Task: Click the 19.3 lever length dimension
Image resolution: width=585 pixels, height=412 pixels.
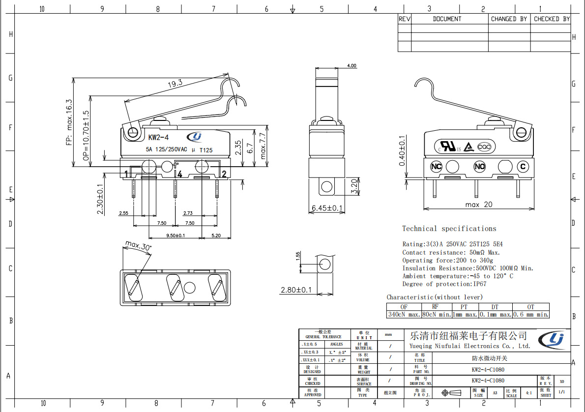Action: point(175,84)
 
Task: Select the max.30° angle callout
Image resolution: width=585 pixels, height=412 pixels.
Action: point(138,245)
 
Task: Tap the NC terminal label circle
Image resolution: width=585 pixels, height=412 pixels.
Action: point(436,167)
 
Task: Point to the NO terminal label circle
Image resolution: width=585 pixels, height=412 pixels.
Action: point(479,167)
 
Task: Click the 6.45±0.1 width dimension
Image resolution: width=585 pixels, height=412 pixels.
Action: point(327,208)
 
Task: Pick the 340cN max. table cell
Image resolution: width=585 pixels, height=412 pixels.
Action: point(404,314)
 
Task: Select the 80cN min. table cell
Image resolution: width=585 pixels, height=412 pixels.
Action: point(437,314)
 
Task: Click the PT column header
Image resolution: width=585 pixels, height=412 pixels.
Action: point(464,307)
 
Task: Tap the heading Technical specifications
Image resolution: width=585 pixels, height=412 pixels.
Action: point(449,229)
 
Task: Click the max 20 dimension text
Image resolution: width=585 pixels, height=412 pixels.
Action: point(479,205)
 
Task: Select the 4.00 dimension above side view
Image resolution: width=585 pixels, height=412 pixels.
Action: point(351,66)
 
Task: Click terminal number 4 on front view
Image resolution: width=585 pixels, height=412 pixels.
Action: point(180,174)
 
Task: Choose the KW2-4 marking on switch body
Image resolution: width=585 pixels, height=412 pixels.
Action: point(158,137)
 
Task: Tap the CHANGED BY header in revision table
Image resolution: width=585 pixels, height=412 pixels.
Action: point(509,19)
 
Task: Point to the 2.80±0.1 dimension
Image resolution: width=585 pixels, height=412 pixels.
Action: point(296,290)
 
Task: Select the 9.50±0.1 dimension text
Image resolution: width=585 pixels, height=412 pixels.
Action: point(175,235)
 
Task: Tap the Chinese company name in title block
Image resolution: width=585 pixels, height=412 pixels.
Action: point(468,336)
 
